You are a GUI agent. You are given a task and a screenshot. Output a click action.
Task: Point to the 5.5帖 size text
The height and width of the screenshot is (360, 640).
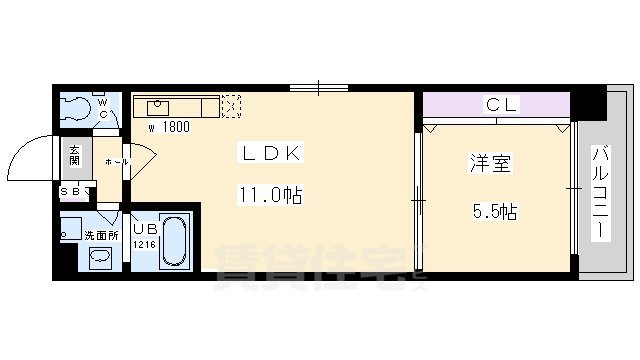click(x=495, y=212)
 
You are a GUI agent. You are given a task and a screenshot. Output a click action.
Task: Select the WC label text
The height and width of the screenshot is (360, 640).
click(x=102, y=107)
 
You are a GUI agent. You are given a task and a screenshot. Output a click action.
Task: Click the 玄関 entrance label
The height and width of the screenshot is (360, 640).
click(x=75, y=156)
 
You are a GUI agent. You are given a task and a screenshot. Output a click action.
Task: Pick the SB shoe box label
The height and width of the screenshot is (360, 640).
click(x=72, y=191)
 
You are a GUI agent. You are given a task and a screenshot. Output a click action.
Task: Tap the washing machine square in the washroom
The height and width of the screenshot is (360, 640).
click(x=70, y=229)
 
